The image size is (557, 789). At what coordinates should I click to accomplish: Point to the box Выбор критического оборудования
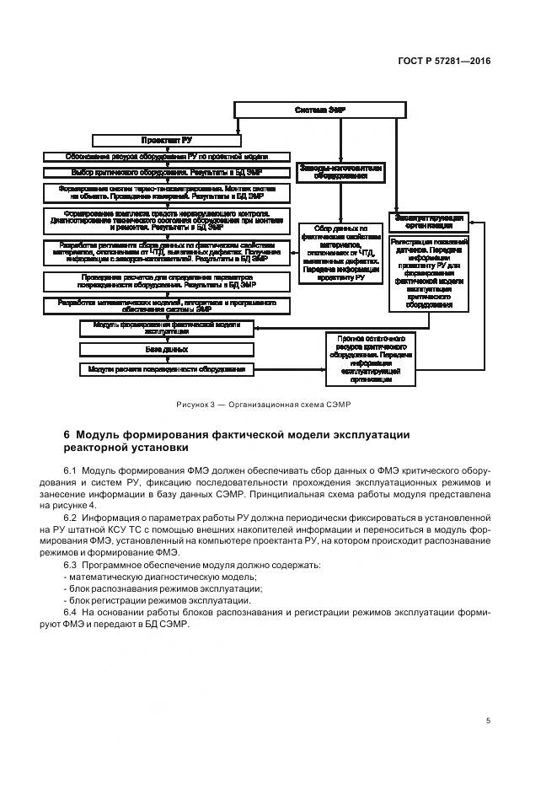coord(167,173)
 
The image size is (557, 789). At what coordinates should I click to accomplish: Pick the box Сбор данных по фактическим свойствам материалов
coord(340,253)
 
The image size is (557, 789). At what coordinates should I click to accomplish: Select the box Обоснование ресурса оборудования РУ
coord(167,157)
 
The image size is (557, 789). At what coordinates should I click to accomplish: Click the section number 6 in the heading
coord(67,435)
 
